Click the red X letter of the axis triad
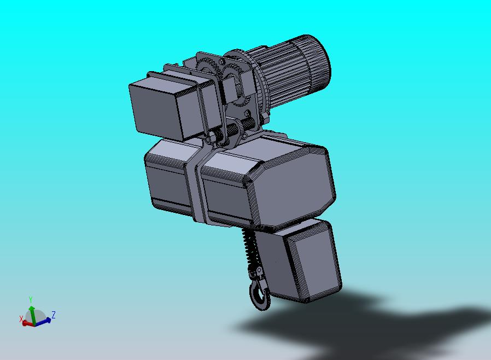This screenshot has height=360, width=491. point(21,319)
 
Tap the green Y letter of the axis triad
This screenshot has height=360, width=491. point(31,299)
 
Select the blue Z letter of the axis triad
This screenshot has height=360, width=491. point(54,315)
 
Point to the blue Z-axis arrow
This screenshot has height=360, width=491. point(43,321)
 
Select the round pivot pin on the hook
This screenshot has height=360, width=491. point(259,270)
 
